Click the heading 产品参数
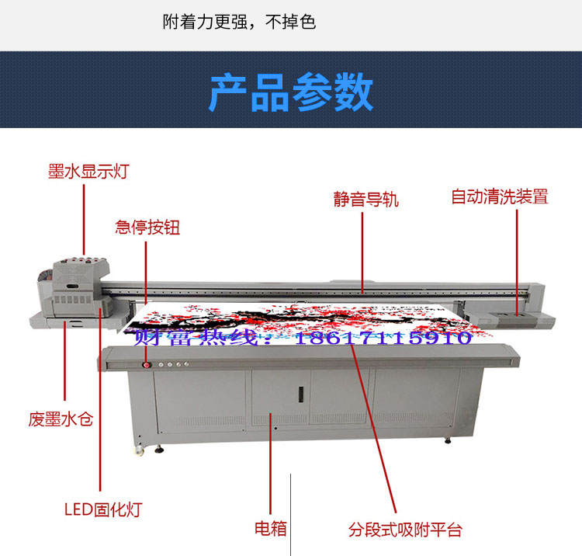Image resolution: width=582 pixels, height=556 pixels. (291, 92)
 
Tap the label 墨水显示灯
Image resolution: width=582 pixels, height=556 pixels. (88, 172)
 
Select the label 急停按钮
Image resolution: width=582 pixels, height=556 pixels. (147, 228)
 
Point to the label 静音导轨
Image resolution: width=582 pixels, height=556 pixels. (366, 200)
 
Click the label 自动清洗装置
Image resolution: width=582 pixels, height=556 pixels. (500, 196)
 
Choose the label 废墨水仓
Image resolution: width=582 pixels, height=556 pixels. (61, 419)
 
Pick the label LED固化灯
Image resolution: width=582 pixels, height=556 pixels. (103, 509)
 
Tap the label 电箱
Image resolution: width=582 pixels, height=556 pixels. (271, 529)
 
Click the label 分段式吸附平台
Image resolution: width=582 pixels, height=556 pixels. (405, 530)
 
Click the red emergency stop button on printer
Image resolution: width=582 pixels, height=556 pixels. (147, 365)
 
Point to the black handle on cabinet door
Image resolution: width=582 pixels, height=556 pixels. (301, 394)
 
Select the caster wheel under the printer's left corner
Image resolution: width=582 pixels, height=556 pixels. (139, 451)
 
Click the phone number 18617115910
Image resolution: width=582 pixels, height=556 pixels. (383, 338)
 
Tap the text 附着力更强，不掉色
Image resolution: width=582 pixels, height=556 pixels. (239, 22)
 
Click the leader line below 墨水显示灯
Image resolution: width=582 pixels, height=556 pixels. (84, 220)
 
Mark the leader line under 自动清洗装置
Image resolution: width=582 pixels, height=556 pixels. (517, 262)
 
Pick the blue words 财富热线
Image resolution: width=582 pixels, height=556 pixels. (196, 338)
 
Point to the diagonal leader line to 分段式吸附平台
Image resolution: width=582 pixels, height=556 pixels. (373, 428)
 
